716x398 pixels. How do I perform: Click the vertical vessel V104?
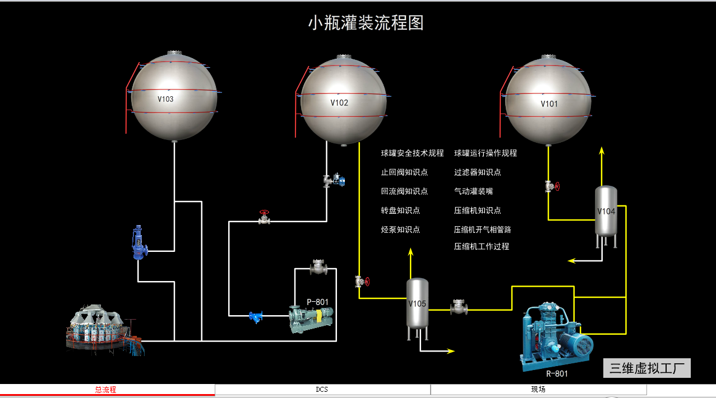coord(606,212)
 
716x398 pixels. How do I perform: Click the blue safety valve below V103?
coord(138,243)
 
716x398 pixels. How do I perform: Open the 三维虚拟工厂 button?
coord(647,368)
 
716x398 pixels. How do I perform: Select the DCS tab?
coord(322,390)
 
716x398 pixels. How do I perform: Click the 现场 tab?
coord(538,390)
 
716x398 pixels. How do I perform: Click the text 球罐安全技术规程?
coord(412,153)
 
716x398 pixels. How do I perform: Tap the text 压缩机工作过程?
coord(482,246)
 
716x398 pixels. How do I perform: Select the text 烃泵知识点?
coord(400,230)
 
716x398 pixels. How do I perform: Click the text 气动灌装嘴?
coord(473,191)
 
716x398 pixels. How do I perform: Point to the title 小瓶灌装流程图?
coord(366,23)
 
